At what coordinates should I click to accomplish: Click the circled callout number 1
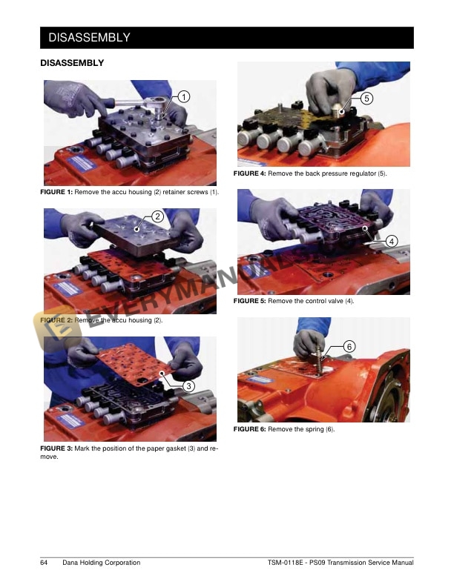coord(183,97)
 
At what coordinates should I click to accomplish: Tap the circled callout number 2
coord(158,216)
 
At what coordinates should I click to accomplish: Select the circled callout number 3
coord(188,386)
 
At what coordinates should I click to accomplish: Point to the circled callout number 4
coord(392,242)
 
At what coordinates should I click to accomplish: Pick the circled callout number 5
coord(366,99)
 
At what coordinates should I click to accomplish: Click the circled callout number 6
coord(349,347)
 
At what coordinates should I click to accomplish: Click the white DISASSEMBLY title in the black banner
coord(89,38)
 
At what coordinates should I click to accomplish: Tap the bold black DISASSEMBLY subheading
coord(72,63)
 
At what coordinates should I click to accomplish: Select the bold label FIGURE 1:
coord(56,192)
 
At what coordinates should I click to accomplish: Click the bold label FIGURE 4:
coord(250,173)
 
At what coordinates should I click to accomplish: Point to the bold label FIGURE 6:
coord(250,429)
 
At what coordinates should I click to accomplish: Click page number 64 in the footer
coord(44,563)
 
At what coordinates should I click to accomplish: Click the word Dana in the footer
coord(70,563)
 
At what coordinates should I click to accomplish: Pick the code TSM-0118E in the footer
coord(285,563)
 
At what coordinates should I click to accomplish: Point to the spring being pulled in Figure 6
coord(319,359)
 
